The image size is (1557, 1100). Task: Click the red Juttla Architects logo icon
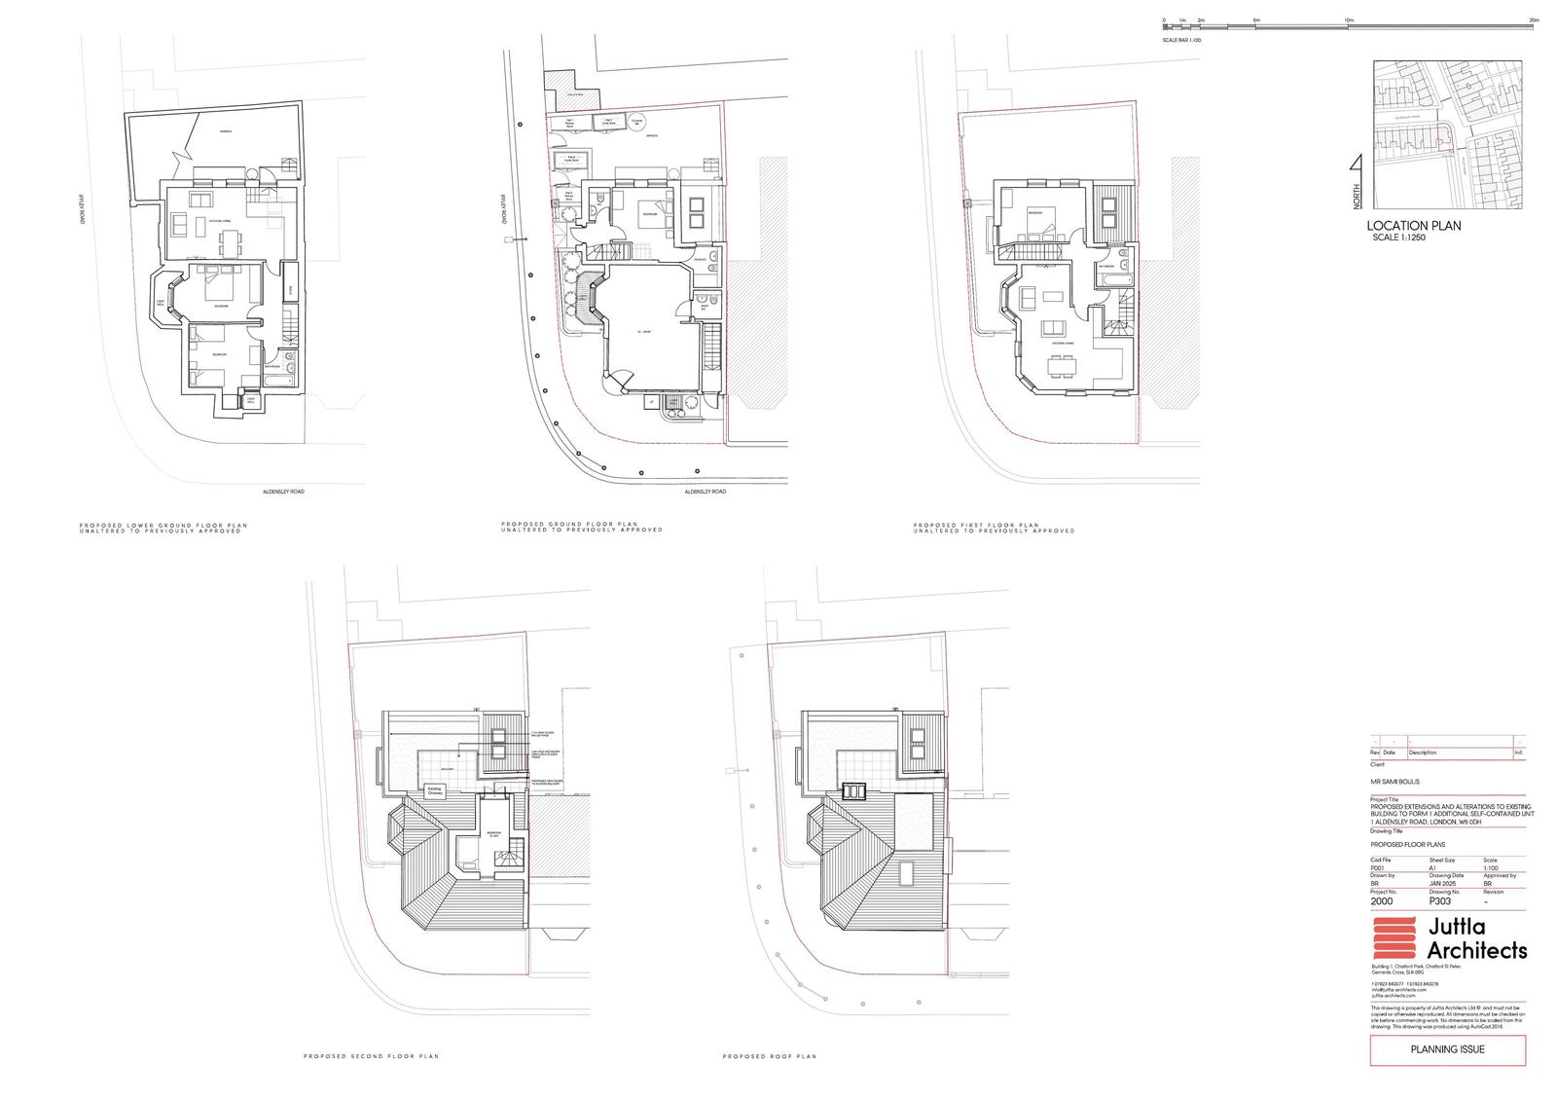(1395, 940)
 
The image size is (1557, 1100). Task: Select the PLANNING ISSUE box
(1447, 1049)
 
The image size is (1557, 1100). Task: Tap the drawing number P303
(1439, 901)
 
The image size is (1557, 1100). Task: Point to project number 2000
(1382, 901)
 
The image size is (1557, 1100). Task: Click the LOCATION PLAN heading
(1413, 226)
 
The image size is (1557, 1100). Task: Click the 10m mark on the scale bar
(1349, 21)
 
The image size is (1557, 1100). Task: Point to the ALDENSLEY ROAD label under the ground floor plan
(706, 492)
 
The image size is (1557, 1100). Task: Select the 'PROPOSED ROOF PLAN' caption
(769, 1056)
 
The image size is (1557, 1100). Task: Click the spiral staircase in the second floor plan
(509, 862)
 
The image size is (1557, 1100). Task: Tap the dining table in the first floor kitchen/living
(1062, 366)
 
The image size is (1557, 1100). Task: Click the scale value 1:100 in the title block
(1490, 867)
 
